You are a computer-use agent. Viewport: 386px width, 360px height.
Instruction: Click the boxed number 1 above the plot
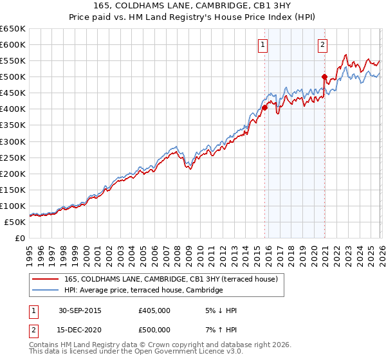point(264,45)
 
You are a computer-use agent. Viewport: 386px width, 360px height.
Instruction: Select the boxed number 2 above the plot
point(322,45)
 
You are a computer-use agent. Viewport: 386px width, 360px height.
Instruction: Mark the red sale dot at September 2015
point(264,108)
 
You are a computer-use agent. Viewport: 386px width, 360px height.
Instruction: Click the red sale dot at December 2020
point(324,76)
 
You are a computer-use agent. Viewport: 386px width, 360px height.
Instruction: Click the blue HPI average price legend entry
point(143,291)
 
